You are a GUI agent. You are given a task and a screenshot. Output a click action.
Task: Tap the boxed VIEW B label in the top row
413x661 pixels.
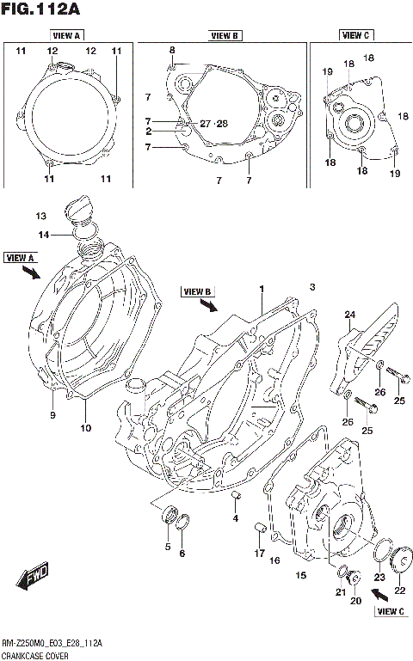tap(224, 35)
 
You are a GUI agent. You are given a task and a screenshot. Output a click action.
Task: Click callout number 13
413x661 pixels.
tap(40, 215)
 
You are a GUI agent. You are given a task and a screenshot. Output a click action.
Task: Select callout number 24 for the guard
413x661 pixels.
tap(350, 315)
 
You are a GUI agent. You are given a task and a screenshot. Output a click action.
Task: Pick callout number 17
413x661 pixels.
tap(259, 553)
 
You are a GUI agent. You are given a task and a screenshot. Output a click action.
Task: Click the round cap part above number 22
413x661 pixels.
tap(399, 564)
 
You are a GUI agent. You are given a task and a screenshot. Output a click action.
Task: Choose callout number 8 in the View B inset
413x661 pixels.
tap(171, 51)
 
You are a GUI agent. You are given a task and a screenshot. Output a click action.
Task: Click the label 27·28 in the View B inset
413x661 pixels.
tap(213, 124)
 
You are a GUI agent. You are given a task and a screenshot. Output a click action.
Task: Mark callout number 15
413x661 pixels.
tap(301, 575)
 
